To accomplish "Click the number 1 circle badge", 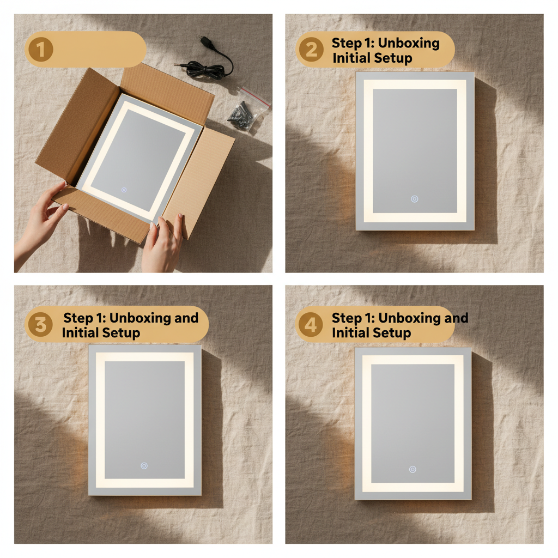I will click(40, 50).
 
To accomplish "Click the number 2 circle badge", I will click(311, 50).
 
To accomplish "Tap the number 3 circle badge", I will click(40, 325).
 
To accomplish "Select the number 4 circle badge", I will click(310, 325).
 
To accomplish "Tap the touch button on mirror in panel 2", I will click(414, 199).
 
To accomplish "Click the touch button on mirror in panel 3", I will click(144, 466).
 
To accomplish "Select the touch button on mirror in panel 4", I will click(413, 469).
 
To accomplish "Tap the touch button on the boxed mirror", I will click(124, 190).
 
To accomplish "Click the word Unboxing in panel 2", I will click(409, 43).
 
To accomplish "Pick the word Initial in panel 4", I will click(352, 332).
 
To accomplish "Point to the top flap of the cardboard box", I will click(166, 90).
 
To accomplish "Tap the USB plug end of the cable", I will click(205, 41).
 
